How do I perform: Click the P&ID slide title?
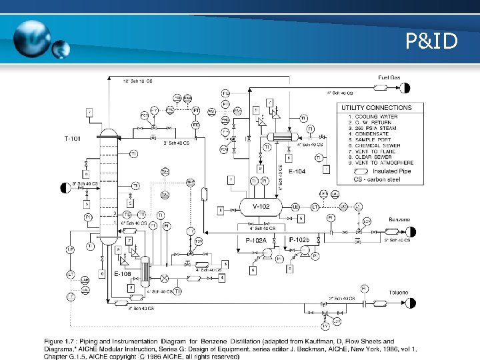[x=432, y=42]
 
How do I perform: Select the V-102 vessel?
[x=261, y=207]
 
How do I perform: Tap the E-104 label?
[x=297, y=171]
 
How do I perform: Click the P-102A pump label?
[x=255, y=239]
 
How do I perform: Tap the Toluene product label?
[x=399, y=293]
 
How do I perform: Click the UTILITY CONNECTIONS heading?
[x=377, y=107]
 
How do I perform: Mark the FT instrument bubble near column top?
[x=196, y=110]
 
